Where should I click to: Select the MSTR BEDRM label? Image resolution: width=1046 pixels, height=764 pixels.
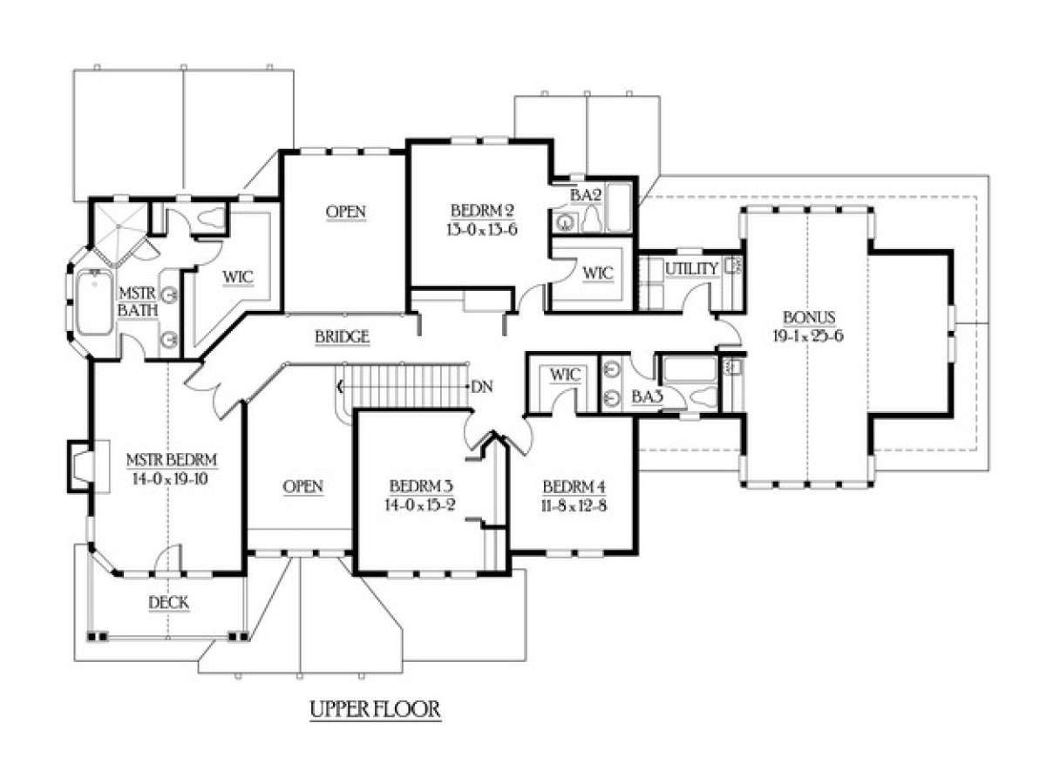(171, 460)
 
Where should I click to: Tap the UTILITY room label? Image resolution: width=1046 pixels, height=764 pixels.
(691, 269)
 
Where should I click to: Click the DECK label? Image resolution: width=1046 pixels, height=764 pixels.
(169, 602)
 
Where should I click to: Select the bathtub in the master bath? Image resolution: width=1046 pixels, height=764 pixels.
(92, 301)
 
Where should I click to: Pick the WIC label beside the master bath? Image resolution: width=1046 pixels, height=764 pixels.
(236, 277)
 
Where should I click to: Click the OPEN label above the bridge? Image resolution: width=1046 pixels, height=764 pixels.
(345, 212)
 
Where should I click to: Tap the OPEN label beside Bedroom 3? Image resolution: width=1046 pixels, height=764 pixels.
(303, 486)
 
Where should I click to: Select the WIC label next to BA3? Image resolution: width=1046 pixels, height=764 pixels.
(560, 375)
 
